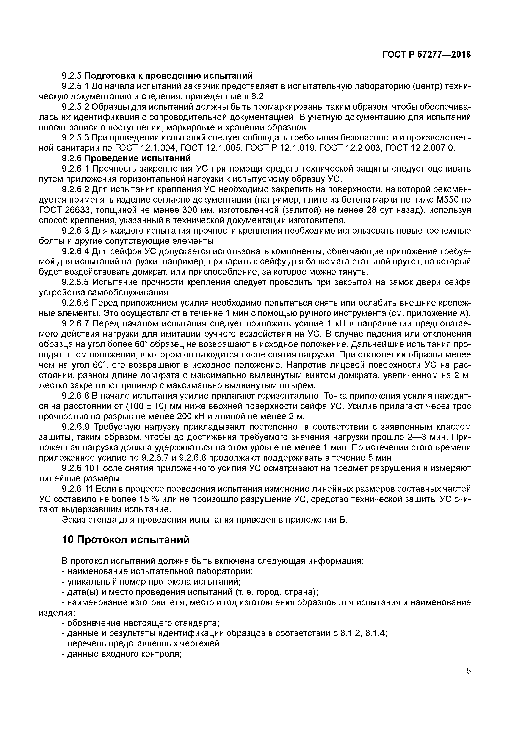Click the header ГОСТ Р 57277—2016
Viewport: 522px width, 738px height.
(x=426, y=55)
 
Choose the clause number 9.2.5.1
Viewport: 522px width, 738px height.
(x=76, y=86)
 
